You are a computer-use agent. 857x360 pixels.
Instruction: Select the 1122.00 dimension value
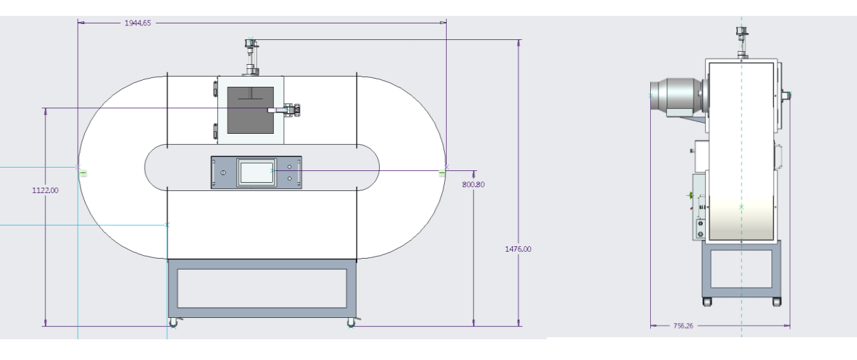coord(46,190)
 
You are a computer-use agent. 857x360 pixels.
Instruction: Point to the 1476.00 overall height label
coord(518,249)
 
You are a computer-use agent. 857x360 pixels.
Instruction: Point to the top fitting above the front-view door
coord(249,55)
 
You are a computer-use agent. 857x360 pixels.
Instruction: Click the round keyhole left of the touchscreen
coord(223,172)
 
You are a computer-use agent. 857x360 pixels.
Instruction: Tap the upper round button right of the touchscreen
coord(289,167)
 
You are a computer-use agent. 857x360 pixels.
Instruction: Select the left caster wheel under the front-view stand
coord(172,323)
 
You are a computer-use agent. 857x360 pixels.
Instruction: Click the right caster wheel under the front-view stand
coord(352,323)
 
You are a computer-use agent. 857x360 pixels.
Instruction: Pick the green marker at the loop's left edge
coord(83,172)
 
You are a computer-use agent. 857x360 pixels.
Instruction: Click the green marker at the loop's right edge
coord(441,172)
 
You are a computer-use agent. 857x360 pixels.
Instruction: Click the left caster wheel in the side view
coord(707,301)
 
